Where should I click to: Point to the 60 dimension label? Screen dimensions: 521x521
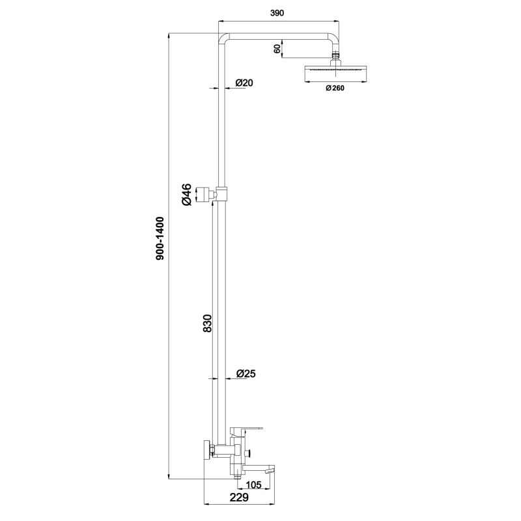(277, 48)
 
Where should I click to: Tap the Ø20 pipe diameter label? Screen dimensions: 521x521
(244, 83)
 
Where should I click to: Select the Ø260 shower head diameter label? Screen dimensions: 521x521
(333, 89)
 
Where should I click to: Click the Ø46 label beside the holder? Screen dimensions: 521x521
(187, 195)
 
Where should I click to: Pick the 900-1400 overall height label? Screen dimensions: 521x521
(160, 239)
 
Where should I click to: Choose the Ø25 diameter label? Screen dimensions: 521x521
(246, 373)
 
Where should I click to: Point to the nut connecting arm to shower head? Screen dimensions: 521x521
(336, 57)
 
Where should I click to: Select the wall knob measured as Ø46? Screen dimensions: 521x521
(206, 193)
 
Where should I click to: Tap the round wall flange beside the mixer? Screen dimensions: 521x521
(207, 449)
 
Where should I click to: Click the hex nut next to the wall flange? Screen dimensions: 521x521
(214, 449)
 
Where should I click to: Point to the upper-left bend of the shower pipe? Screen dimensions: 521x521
(222, 38)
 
